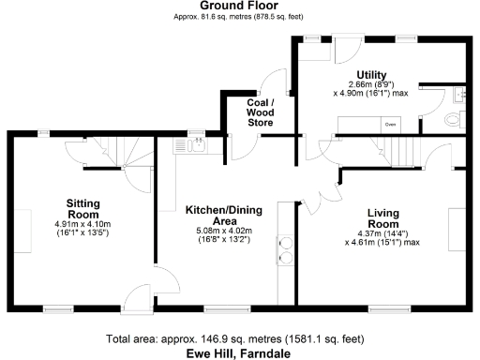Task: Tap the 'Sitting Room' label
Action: point(89,208)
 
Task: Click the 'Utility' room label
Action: point(372,76)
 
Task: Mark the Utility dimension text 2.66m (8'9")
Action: point(372,85)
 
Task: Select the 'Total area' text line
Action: point(236,338)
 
